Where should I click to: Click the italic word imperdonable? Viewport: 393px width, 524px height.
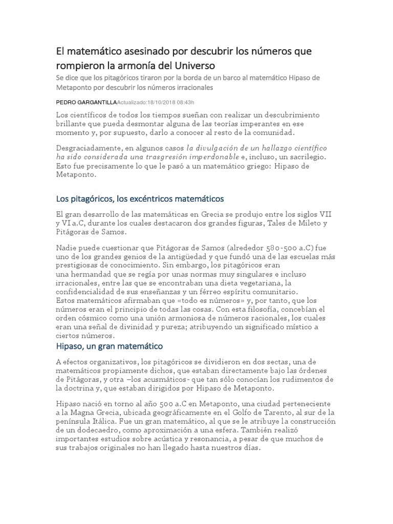coord(215,157)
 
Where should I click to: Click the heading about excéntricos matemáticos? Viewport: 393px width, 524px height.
coord(140,198)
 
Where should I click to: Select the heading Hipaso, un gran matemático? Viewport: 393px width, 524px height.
coord(110,347)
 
